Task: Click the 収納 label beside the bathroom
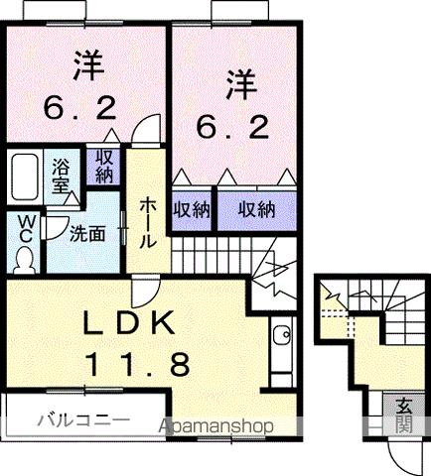tap(102, 167)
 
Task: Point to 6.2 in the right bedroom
tap(235, 128)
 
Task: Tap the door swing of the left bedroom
tap(146, 130)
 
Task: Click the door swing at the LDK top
tap(145, 290)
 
